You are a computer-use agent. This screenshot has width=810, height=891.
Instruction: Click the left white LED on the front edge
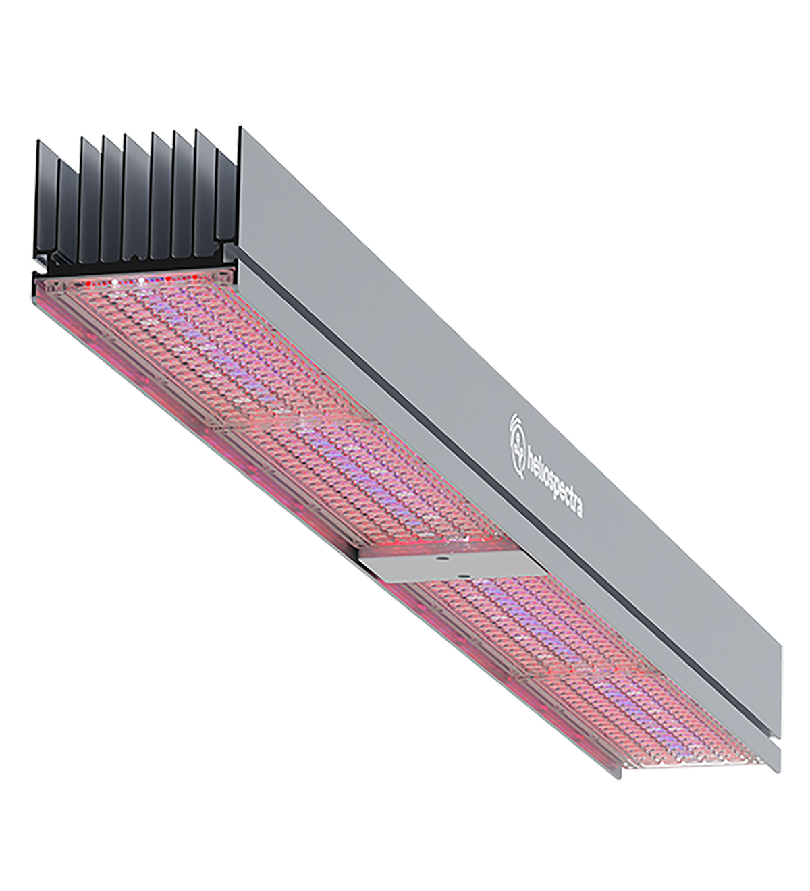click(x=116, y=278)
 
